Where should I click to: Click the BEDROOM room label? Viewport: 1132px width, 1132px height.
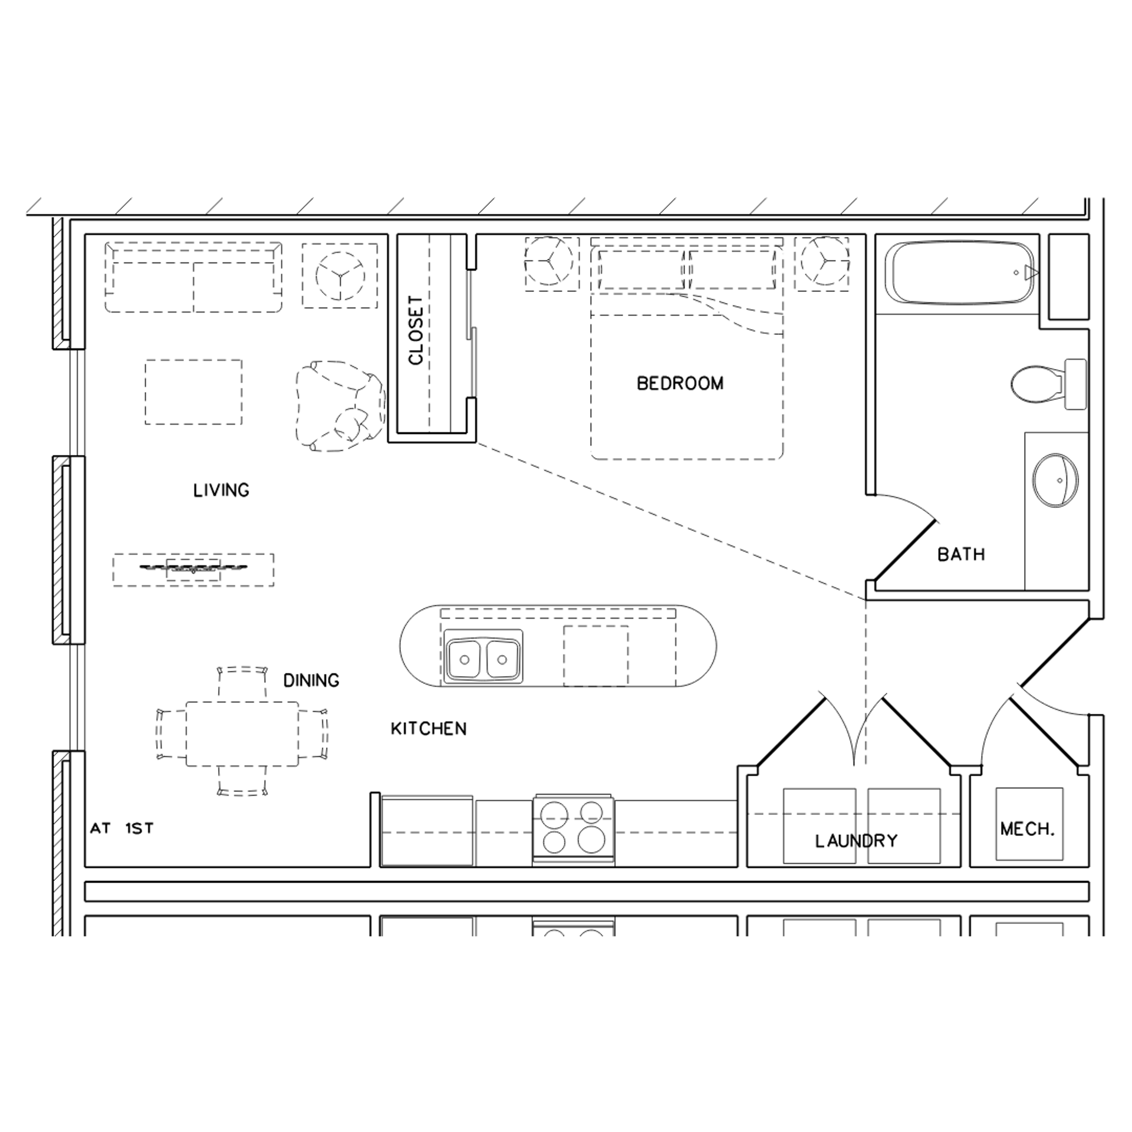click(x=680, y=384)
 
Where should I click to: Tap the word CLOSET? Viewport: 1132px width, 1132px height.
click(x=416, y=330)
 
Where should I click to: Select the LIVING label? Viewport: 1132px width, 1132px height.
click(x=221, y=490)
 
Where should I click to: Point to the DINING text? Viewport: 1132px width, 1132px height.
click(x=311, y=680)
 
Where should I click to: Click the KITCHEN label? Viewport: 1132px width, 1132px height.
click(x=429, y=729)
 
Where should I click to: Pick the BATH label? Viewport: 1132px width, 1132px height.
click(x=961, y=554)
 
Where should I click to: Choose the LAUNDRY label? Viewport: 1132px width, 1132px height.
click(x=856, y=841)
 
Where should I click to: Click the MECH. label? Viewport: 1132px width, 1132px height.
click(x=1028, y=830)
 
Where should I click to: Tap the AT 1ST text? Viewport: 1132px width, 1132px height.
click(x=122, y=828)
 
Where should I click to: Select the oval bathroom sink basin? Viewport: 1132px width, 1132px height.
click(x=1055, y=480)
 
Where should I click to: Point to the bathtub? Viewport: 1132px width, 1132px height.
click(x=962, y=272)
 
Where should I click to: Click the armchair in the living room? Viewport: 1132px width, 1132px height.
click(x=339, y=407)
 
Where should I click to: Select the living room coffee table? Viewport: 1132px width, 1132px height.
click(x=193, y=392)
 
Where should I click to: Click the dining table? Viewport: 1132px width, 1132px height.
click(x=242, y=733)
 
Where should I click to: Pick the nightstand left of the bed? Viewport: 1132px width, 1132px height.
click(x=551, y=264)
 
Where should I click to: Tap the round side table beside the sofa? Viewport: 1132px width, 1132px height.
click(x=340, y=275)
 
